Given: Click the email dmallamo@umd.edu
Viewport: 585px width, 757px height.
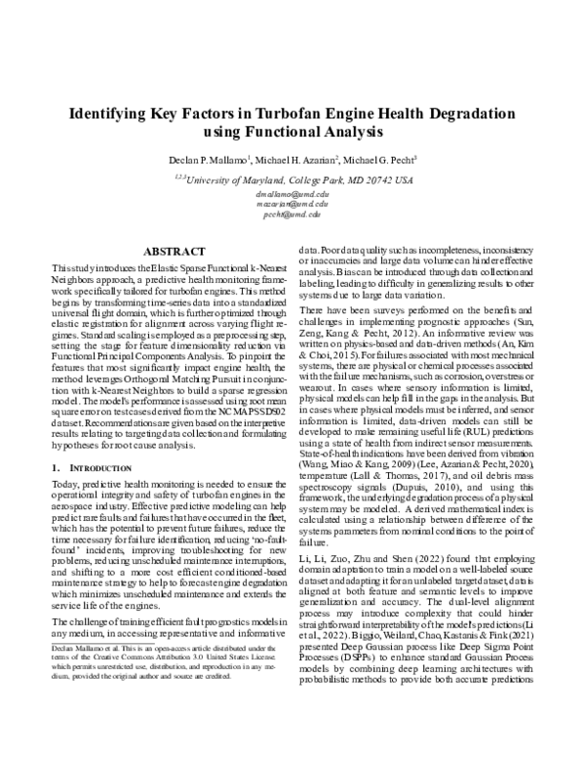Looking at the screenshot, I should tap(293, 195).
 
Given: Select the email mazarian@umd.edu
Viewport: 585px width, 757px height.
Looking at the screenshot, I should tap(293, 205).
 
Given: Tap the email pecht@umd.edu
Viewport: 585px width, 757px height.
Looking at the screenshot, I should tap(293, 215).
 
